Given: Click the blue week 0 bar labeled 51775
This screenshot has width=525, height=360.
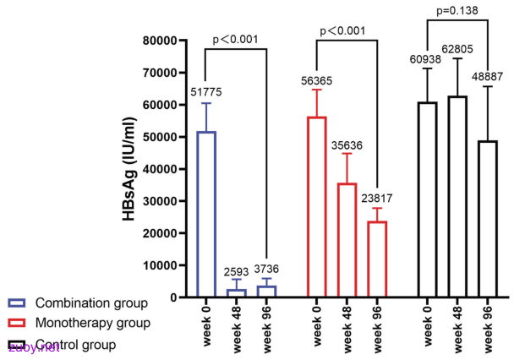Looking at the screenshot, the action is [198, 214].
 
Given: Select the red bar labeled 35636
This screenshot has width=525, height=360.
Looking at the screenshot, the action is [338, 240].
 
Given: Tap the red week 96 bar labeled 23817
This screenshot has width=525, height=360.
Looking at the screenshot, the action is [369, 259].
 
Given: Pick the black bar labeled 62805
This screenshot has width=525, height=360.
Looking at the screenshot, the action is [449, 196].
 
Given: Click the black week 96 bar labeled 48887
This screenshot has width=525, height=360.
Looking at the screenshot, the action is [479, 219].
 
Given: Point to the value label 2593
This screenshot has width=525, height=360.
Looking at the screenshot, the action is [237, 271].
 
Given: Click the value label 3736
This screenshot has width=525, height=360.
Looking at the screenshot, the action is [266, 269].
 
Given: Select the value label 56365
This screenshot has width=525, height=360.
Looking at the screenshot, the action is [316, 81].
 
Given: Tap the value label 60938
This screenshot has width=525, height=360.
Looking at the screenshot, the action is [425, 59].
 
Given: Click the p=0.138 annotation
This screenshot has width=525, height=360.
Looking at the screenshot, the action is [457, 11].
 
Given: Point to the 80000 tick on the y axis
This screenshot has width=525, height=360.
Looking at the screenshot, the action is [160, 41].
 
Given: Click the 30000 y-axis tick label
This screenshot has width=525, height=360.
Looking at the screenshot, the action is [160, 201].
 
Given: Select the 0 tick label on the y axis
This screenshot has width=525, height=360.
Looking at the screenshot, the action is [173, 297].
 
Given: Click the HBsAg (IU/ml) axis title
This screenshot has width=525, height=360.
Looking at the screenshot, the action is [129, 169].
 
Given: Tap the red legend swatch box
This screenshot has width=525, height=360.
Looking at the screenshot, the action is [16, 323].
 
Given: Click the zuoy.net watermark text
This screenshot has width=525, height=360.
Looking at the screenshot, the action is [34, 348].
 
